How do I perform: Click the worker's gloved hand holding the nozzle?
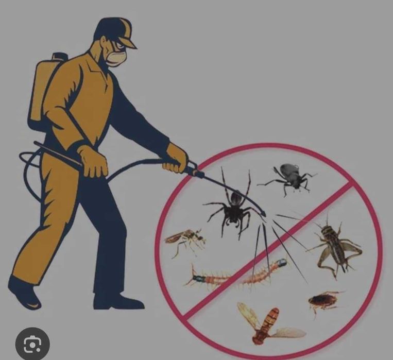point(175,157)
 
